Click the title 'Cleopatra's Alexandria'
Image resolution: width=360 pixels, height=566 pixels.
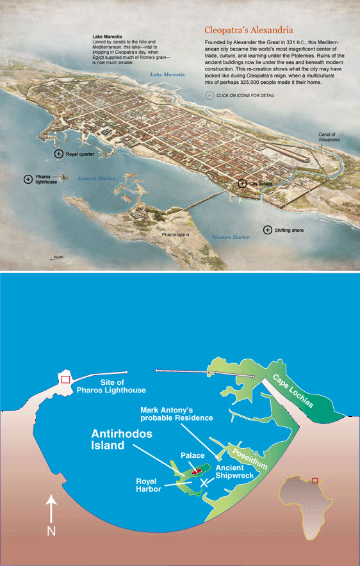[249, 29]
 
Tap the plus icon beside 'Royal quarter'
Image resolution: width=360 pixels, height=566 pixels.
[59, 154]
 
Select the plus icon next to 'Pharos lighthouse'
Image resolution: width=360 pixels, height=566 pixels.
[28, 179]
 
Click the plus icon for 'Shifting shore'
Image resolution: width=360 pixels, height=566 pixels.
[267, 229]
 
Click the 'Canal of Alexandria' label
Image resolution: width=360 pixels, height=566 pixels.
[331, 137]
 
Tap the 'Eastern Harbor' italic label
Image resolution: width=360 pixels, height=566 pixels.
[96, 178]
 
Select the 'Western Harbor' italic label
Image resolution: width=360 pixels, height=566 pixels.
[231, 237]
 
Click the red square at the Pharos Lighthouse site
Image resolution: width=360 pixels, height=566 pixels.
[65, 380]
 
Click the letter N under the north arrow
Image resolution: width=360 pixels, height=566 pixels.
[51, 530]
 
